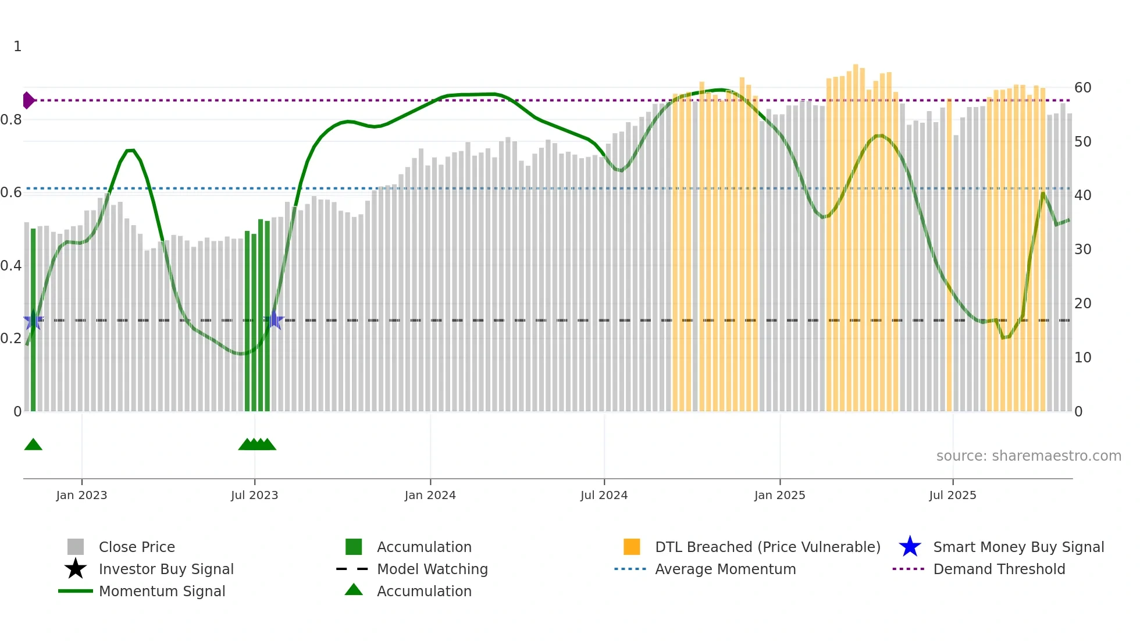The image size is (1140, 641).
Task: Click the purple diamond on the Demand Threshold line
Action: (28, 101)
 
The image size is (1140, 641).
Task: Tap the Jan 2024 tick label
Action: (430, 495)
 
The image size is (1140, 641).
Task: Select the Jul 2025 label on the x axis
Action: (952, 495)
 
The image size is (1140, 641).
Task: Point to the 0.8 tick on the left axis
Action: (11, 120)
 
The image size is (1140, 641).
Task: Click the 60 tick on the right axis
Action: (1082, 88)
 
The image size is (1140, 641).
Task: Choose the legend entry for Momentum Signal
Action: (162, 592)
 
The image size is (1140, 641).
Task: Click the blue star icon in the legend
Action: (910, 547)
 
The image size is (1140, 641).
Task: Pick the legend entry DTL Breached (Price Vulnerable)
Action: (767, 547)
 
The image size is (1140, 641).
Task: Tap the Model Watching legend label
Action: (432, 569)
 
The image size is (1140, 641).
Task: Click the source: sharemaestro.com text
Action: (1028, 456)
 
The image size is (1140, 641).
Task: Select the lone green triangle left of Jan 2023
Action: (33, 445)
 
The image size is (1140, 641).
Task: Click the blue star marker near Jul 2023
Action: (274, 320)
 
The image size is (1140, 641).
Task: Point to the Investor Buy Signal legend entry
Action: (166, 569)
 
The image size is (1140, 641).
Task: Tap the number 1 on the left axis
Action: (17, 47)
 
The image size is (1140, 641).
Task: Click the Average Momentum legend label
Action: (725, 569)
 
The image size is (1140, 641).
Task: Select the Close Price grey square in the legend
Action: (76, 547)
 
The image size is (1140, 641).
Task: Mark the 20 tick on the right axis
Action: (1082, 304)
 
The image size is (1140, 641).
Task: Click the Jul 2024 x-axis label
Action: (604, 495)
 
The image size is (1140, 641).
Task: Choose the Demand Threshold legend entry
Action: (999, 569)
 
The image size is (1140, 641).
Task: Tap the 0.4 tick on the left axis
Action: (11, 266)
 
